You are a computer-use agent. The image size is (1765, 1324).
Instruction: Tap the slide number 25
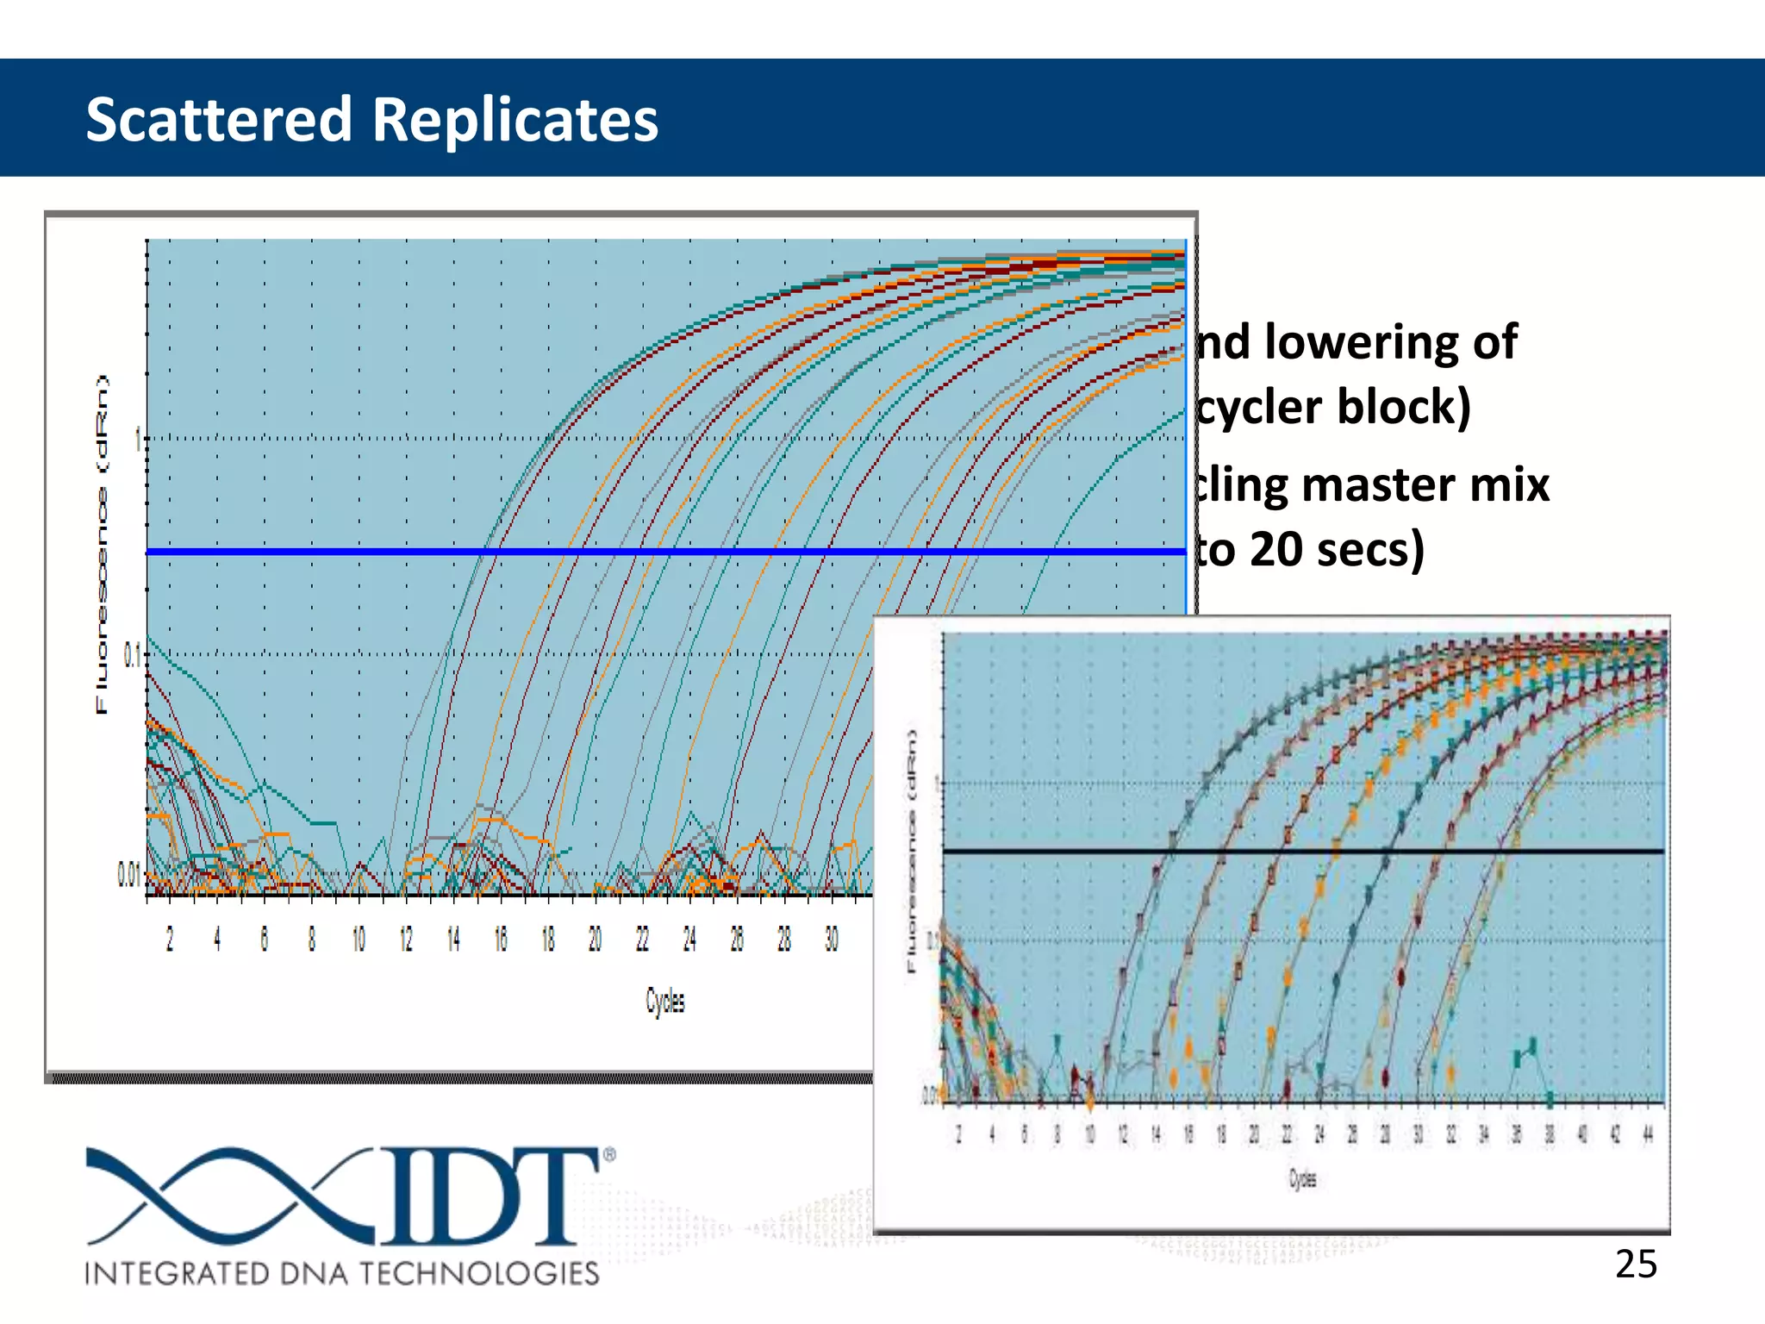1635,1265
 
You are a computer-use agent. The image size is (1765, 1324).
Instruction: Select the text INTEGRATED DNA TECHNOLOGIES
341,1273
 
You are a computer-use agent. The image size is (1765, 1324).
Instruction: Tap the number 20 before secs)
1275,549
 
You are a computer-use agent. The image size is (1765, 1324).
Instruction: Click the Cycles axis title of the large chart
664,1001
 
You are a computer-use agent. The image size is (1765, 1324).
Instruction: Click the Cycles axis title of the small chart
1301,1178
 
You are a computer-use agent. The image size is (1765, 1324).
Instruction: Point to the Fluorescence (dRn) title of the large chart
103,545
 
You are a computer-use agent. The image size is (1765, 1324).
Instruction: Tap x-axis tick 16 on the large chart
501,939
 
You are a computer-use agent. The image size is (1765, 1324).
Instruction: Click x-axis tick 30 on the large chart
831,939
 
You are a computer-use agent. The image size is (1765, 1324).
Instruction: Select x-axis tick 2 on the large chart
170,939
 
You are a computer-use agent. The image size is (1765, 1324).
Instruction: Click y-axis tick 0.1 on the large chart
131,656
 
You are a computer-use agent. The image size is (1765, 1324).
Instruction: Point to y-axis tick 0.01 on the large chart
128,876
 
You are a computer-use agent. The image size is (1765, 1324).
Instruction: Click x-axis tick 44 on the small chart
1647,1134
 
